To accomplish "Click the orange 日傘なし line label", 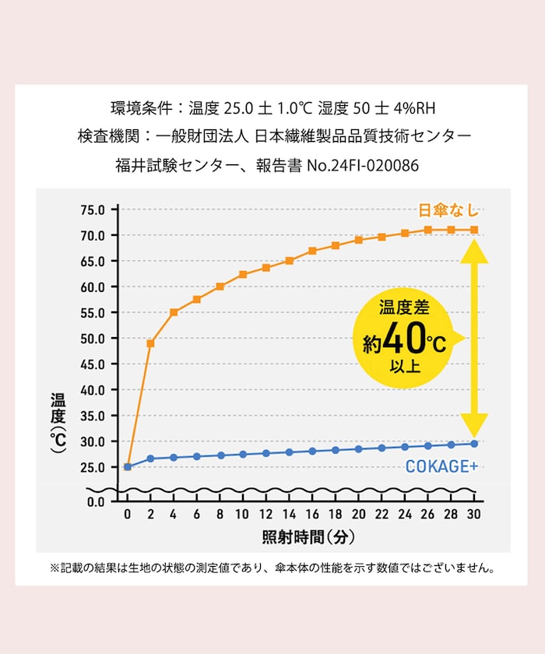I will coord(448,210).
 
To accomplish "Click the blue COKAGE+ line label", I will coord(441,467).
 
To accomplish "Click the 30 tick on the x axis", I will coord(474,515).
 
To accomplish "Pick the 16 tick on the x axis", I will coord(312,515).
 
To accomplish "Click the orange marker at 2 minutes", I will coord(150,343).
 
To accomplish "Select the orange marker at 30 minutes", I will coord(474,230).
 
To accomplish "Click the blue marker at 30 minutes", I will coord(474,444).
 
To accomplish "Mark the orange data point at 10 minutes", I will coord(243,274).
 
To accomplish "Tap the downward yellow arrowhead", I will coord(473,424).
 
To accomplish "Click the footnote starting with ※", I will coord(272,568).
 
